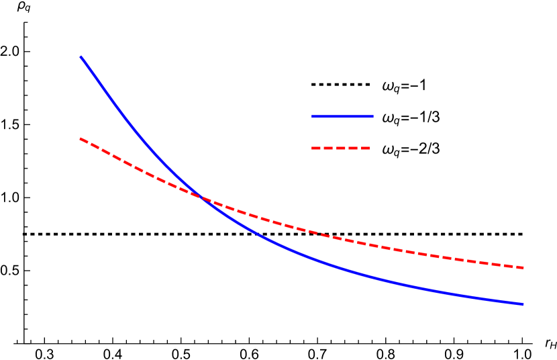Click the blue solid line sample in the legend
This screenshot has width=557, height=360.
pos(342,116)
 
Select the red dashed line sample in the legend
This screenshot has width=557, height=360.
pos(341,148)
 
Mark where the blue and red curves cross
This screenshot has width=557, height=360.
pos(201,197)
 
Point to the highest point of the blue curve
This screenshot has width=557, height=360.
pos(81,57)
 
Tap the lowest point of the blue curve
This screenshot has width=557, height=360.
pos(523,304)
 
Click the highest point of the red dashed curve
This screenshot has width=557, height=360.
pos(81,138)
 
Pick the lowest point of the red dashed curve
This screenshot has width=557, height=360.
pos(523,267)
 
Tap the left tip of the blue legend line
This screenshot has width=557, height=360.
pos(312,116)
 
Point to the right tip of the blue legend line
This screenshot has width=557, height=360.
pos(372,116)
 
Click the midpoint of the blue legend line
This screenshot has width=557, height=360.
pos(342,116)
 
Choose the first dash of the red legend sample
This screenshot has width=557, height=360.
pos(316,148)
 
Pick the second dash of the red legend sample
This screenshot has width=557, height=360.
pos(328,148)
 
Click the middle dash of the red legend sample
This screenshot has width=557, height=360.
pos(341,148)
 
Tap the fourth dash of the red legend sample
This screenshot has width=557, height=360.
pos(353,148)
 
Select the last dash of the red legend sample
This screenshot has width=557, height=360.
pos(365,148)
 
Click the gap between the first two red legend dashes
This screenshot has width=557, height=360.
pos(322,148)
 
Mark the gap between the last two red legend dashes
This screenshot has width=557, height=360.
pos(359,148)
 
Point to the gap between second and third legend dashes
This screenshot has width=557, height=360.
pos(334,148)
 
